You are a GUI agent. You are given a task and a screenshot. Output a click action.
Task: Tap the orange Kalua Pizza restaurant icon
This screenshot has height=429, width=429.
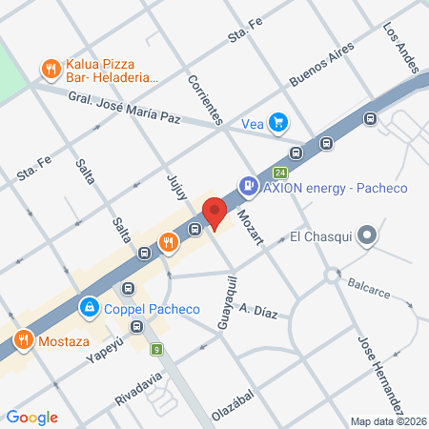coord(49,69)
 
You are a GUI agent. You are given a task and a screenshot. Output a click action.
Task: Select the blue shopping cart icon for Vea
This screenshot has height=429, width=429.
coord(277,122)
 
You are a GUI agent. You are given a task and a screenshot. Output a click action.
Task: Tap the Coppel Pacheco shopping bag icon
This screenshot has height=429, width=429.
coord(89,308)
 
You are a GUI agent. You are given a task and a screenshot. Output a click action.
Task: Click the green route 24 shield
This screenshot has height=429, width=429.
coord(279,173)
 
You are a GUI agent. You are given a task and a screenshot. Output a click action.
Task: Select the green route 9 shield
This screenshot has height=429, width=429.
coord(156,350)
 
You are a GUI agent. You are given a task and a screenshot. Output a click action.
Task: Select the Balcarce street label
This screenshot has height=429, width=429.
coord(371,285)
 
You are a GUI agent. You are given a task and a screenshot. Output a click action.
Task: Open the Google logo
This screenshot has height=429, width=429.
coord(32,417)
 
